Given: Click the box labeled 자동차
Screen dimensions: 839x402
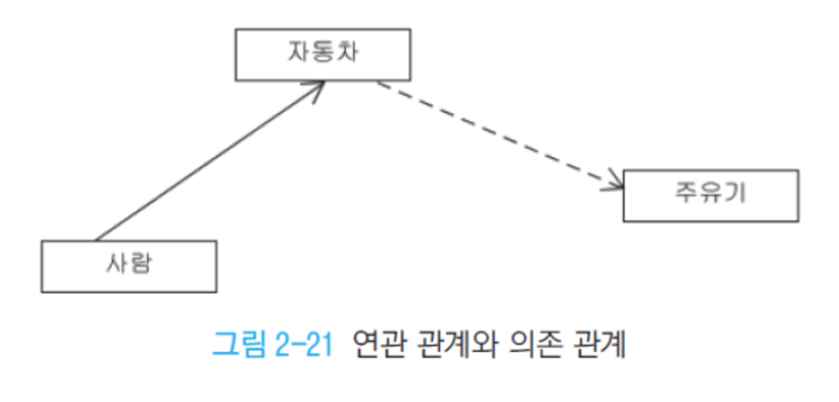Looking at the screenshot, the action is tap(323, 54).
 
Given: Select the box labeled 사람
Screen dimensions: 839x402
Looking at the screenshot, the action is tap(129, 266).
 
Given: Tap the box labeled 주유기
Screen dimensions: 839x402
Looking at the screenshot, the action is tap(710, 195).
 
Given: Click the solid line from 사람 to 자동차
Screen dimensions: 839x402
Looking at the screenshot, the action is tap(207, 161).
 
